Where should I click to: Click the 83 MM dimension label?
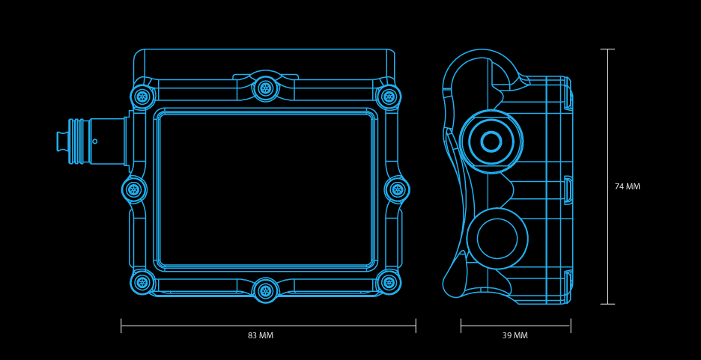tap(261, 336)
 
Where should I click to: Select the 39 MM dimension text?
tap(515, 336)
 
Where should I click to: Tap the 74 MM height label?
tap(627, 187)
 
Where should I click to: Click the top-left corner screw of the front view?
tap(142, 97)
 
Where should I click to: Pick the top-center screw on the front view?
tap(265, 88)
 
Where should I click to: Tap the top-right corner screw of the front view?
tap(389, 97)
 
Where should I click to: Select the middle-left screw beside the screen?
tap(134, 189)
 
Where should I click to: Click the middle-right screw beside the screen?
tap(398, 189)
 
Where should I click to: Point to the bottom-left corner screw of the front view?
tap(142, 282)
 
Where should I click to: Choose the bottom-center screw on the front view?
tap(265, 290)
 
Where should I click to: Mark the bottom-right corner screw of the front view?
tap(389, 282)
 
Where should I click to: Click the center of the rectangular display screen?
tap(266, 189)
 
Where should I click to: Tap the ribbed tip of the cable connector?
tap(63, 141)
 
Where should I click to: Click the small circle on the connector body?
tap(94, 141)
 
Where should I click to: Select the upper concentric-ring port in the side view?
tap(491, 141)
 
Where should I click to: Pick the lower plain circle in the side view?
tap(497, 239)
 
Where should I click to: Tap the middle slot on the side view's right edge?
tap(568, 190)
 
